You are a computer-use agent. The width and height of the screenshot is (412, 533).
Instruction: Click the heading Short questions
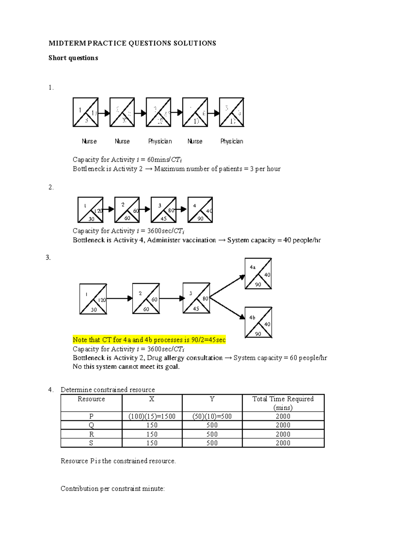[73, 58]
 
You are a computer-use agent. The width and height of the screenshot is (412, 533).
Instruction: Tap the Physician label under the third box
[160, 141]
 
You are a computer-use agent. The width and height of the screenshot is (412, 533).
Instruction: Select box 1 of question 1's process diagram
[85, 112]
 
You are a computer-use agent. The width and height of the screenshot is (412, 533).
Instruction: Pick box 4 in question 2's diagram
[200, 210]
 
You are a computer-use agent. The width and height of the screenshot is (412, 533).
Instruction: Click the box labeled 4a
[258, 274]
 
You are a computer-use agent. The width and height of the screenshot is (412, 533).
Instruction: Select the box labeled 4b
[259, 323]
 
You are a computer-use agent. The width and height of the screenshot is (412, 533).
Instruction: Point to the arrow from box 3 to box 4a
[227, 286]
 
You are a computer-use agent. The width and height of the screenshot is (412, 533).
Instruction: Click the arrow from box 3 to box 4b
[227, 308]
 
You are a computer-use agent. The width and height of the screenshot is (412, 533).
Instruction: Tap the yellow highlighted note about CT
[149, 340]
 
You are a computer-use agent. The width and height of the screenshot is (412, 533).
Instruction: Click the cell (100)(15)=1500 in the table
[152, 416]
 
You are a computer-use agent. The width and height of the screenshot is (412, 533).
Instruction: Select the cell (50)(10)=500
[212, 416]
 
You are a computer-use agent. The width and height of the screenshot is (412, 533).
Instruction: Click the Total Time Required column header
[283, 403]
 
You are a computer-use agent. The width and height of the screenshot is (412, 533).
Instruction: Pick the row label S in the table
[91, 443]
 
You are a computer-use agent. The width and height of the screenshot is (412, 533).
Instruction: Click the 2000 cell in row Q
[283, 425]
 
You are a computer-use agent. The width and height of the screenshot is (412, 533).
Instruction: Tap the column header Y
[212, 399]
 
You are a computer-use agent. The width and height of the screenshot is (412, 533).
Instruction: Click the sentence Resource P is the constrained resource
[118, 461]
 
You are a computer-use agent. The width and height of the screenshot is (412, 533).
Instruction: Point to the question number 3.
[48, 258]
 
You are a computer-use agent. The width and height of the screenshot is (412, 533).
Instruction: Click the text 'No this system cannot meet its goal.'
[126, 367]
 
